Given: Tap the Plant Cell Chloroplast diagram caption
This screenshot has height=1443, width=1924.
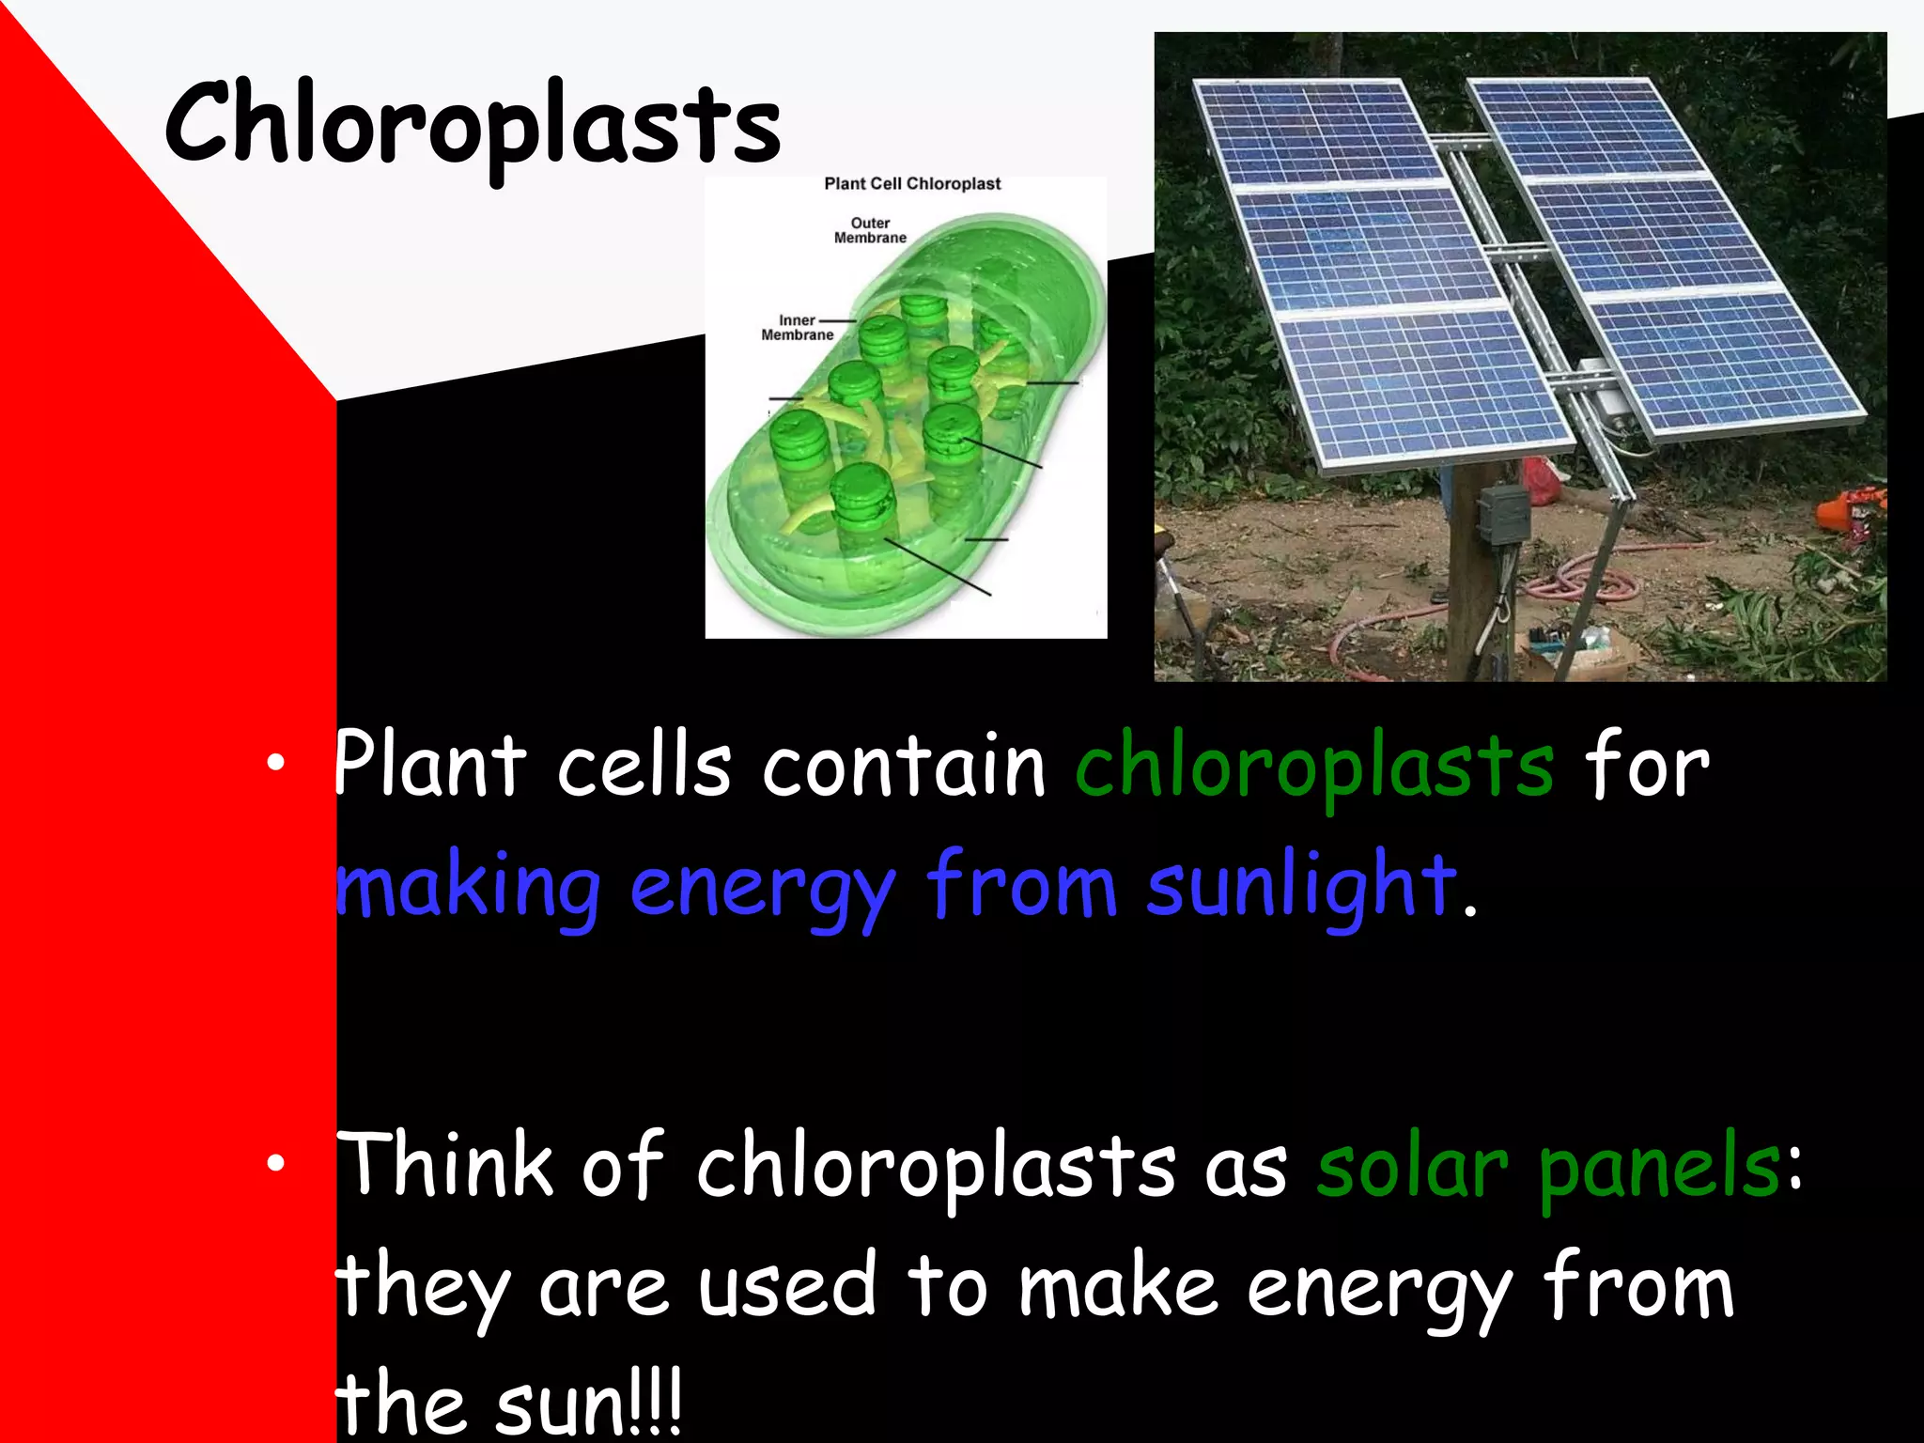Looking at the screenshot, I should click(x=912, y=184).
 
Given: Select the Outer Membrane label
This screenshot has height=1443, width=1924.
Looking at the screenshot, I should click(x=870, y=230).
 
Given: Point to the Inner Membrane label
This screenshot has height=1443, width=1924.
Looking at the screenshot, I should click(x=797, y=328).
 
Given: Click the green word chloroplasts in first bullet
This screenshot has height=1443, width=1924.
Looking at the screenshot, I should click(x=1313, y=768).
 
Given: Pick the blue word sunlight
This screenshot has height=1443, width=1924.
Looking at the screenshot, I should click(x=1300, y=886).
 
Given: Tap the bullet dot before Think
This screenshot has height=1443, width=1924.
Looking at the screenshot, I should click(x=274, y=1164).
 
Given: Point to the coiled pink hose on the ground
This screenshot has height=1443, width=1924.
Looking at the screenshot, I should click(x=1588, y=581).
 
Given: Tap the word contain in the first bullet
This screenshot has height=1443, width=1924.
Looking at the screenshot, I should click(x=903, y=767).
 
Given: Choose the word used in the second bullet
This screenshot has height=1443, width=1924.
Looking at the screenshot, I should click(x=785, y=1286).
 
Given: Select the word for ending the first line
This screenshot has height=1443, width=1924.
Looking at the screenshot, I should click(x=1647, y=767).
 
